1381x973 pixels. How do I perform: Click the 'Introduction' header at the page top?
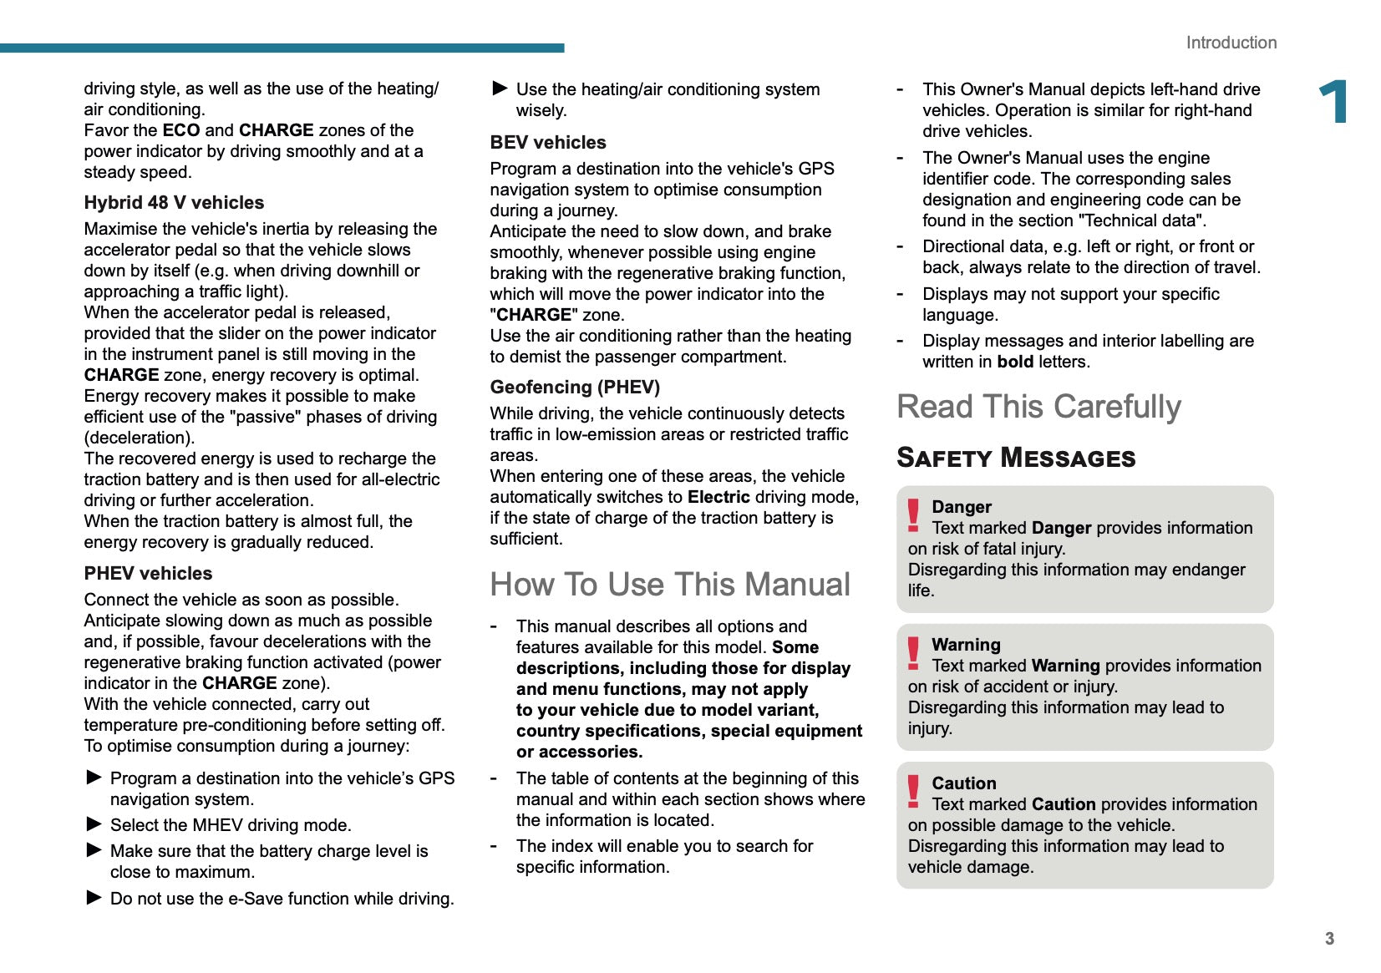click(x=1231, y=43)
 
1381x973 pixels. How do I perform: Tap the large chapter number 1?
click(x=1333, y=102)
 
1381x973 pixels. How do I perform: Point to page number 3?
click(x=1329, y=939)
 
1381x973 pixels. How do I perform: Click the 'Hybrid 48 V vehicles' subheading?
click(x=174, y=203)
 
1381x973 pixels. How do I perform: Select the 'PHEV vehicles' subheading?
click(x=148, y=574)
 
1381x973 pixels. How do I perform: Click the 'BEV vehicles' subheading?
click(x=548, y=143)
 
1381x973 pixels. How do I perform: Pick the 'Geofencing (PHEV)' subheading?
click(x=575, y=388)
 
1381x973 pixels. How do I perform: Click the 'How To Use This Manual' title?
click(x=670, y=585)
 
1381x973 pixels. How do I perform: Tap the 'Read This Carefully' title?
click(x=1038, y=407)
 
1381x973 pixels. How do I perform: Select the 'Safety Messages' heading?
click(x=1016, y=458)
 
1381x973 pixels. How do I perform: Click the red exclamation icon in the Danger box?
click(x=913, y=515)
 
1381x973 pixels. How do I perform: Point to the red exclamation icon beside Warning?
click(x=913, y=653)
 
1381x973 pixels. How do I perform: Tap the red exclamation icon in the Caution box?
click(x=913, y=791)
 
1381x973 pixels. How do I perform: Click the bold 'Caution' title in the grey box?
click(x=964, y=783)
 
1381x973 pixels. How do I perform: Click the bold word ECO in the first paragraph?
click(x=181, y=130)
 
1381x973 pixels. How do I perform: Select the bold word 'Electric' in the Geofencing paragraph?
click(x=718, y=497)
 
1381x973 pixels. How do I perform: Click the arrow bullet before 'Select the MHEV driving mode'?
click(x=94, y=824)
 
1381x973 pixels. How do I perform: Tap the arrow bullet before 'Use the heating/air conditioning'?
click(x=500, y=88)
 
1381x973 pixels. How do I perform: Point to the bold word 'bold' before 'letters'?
click(x=1015, y=362)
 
